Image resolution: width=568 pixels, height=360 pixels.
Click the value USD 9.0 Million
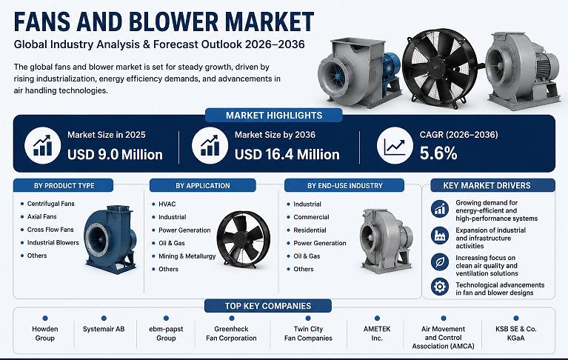[x=115, y=155]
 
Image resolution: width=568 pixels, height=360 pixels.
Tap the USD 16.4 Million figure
[x=287, y=155]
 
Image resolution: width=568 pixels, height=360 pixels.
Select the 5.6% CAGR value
[x=438, y=153]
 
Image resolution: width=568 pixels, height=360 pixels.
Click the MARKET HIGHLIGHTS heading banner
[x=274, y=115]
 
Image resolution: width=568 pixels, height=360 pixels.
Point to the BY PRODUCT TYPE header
[x=64, y=185]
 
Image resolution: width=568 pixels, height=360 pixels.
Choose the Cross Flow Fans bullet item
[x=50, y=230]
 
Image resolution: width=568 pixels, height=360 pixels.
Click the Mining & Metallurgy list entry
[x=187, y=256]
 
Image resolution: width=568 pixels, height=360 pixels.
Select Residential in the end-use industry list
[x=310, y=230]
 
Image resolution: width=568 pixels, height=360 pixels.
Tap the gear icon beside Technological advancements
[x=440, y=287]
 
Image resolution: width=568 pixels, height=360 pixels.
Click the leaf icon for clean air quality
[x=440, y=261]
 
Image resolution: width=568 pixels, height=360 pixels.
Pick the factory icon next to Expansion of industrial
[x=440, y=235]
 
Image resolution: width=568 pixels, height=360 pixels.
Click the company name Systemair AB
[x=104, y=329]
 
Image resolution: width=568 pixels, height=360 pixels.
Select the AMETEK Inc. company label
[x=377, y=333]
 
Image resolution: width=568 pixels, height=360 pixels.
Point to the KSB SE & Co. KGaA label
[x=516, y=333]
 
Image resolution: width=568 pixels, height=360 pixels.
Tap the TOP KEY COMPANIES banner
[x=268, y=306]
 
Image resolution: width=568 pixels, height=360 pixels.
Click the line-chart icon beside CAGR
[x=395, y=146]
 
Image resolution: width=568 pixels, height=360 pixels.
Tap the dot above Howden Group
[x=45, y=319]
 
